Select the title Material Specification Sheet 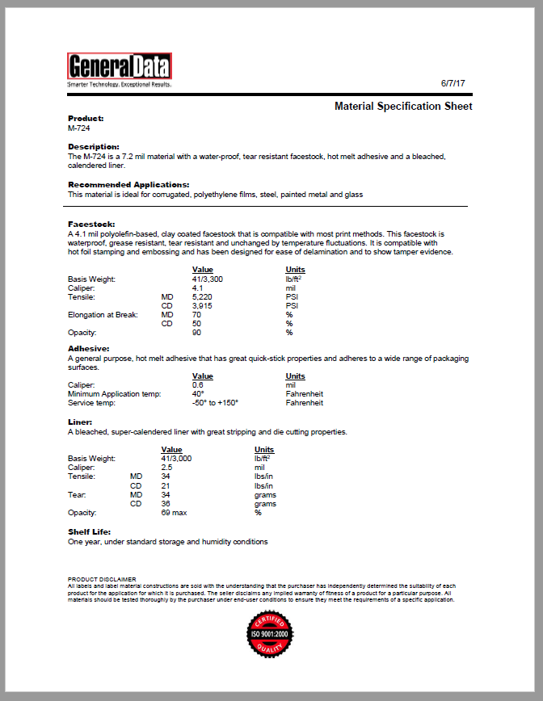click(x=403, y=107)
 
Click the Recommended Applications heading click(x=128, y=185)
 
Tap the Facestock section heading click(x=91, y=224)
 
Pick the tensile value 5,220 click(x=202, y=296)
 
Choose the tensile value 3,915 click(x=202, y=305)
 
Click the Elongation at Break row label click(x=103, y=314)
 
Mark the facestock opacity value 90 click(x=196, y=332)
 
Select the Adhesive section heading click(x=88, y=348)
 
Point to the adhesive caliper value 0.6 click(x=197, y=384)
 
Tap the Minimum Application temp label click(x=114, y=393)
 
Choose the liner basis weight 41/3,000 click(x=176, y=458)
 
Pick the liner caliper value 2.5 click(x=167, y=467)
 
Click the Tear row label click(x=76, y=494)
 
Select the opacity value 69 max click(x=175, y=512)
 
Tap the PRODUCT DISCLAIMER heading click(x=103, y=580)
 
